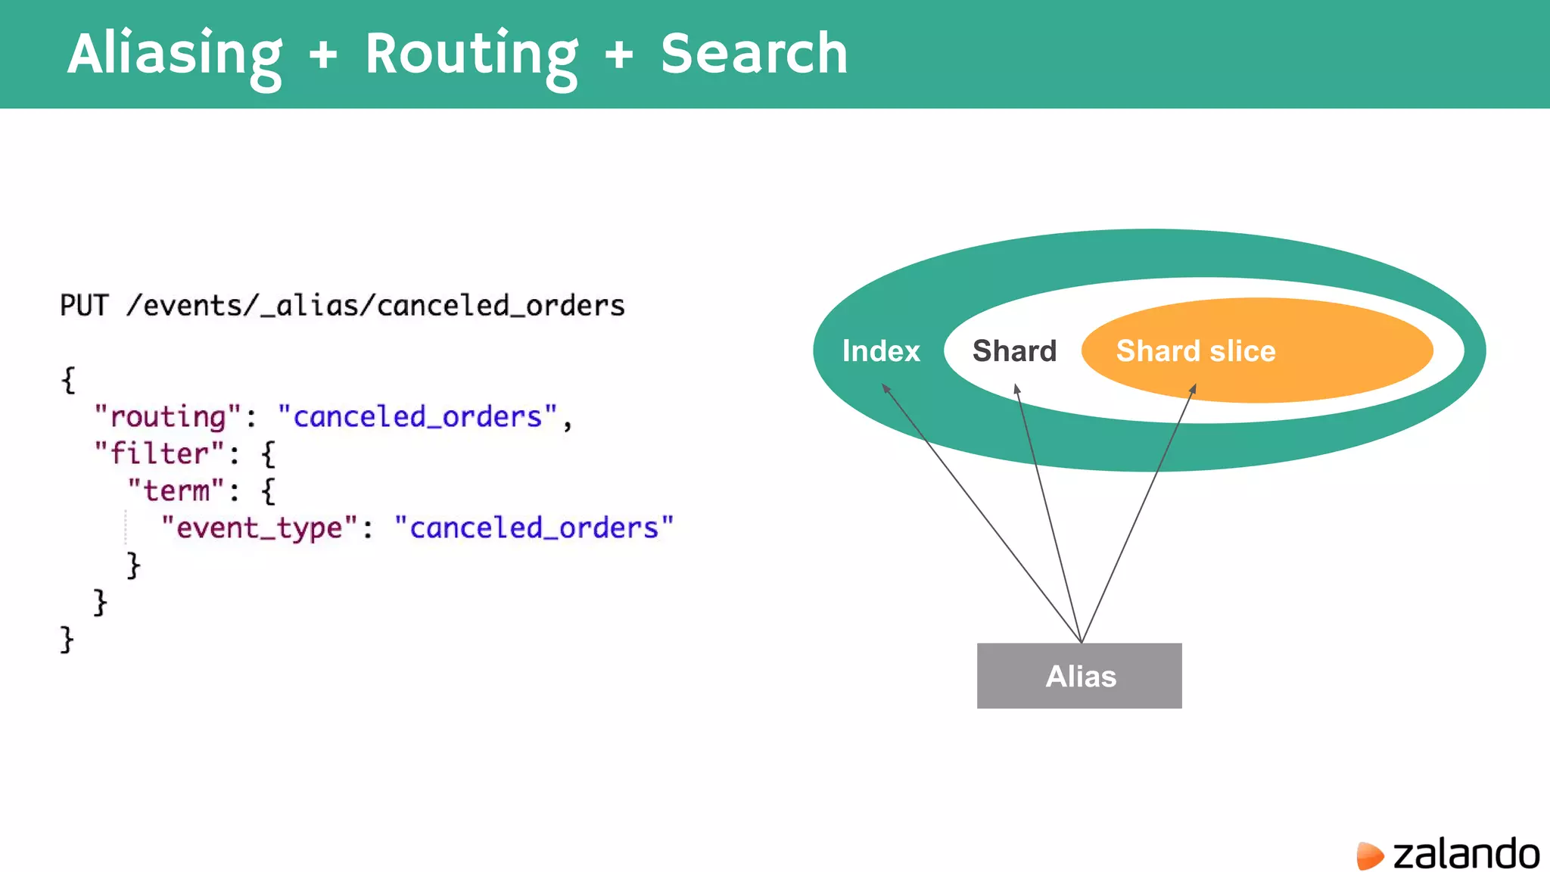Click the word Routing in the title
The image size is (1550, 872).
click(471, 54)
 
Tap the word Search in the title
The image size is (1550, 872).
click(754, 54)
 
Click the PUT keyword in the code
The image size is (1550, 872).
click(84, 306)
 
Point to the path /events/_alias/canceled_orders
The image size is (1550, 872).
click(375, 306)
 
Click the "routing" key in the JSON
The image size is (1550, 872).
click(167, 417)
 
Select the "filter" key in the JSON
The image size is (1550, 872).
click(159, 454)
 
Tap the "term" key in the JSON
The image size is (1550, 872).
click(176, 491)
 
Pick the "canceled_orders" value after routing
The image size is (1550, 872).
click(417, 417)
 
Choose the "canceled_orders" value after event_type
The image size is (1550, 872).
click(534, 528)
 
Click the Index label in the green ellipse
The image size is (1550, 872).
click(881, 351)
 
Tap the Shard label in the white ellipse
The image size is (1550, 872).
click(1014, 351)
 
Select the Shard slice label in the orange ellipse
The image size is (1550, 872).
click(1196, 351)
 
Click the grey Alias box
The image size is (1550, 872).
click(1079, 676)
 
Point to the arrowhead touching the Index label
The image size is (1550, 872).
click(885, 388)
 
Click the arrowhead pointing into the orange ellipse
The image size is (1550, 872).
click(1193, 389)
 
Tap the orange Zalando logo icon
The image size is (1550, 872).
click(1369, 855)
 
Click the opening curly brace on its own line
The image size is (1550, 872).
click(68, 380)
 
